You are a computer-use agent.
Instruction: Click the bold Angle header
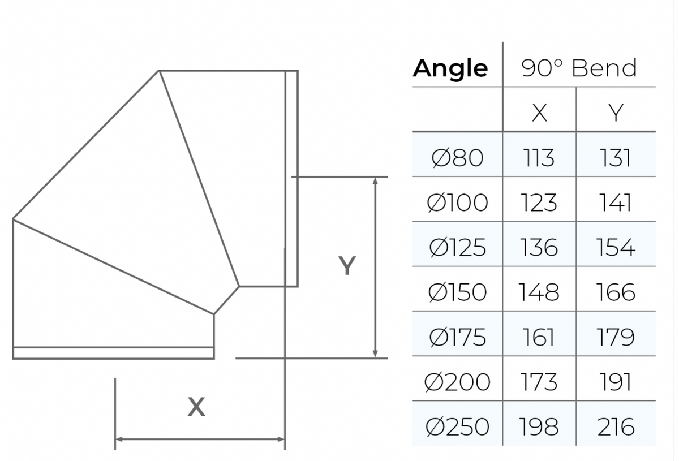pyautogui.click(x=450, y=69)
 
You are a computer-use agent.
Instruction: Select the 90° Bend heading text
pyautogui.click(x=579, y=68)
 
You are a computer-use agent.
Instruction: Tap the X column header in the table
pyautogui.click(x=540, y=113)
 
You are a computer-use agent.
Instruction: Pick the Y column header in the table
pyautogui.click(x=616, y=113)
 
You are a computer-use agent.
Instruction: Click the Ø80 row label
pyautogui.click(x=457, y=158)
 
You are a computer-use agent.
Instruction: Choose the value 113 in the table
pyautogui.click(x=539, y=158)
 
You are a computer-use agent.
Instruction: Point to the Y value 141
pyautogui.click(x=616, y=203)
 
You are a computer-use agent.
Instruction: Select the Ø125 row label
pyautogui.click(x=457, y=247)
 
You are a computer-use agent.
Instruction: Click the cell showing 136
pyautogui.click(x=539, y=247)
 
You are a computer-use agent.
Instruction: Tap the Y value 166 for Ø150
pyautogui.click(x=616, y=292)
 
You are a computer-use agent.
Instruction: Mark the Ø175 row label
pyautogui.click(x=457, y=337)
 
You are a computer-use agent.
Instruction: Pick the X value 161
pyautogui.click(x=539, y=337)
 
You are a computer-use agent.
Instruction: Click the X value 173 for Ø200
pyautogui.click(x=539, y=382)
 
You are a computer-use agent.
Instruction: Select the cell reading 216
pyautogui.click(x=616, y=426)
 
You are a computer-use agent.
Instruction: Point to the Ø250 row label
pyautogui.click(x=457, y=426)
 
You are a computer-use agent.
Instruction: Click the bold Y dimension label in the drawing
pyautogui.click(x=347, y=265)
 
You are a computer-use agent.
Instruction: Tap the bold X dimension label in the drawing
pyautogui.click(x=196, y=407)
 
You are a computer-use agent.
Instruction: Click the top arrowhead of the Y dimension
pyautogui.click(x=375, y=180)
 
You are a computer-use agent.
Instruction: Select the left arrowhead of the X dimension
pyautogui.click(x=119, y=439)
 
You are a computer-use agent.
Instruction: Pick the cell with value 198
pyautogui.click(x=539, y=426)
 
